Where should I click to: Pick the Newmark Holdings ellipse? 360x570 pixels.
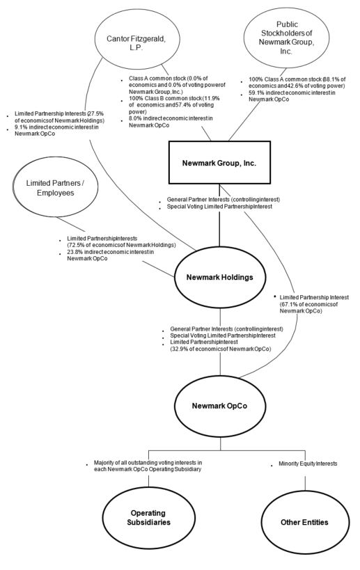pyautogui.click(x=219, y=277)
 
